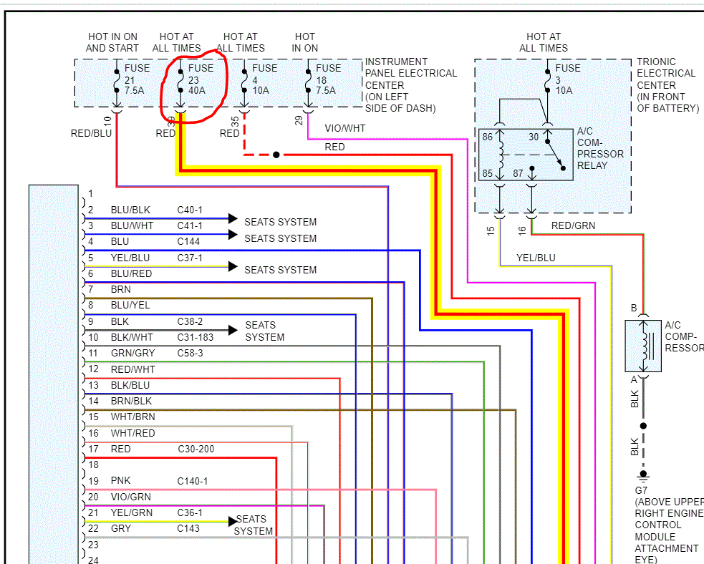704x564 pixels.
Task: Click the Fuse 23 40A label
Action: pos(201,79)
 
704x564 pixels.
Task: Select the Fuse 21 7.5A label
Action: pos(138,79)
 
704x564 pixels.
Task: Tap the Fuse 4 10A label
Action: pos(264,79)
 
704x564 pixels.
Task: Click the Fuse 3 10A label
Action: pos(568,79)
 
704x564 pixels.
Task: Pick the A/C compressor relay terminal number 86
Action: pos(487,137)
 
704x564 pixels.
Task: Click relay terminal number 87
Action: pos(517,173)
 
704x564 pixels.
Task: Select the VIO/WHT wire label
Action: pos(344,128)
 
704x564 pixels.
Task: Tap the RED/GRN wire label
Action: pos(573,225)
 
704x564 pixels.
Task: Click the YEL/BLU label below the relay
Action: pos(536,258)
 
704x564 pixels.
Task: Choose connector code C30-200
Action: pos(196,449)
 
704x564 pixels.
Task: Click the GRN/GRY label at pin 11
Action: pos(132,353)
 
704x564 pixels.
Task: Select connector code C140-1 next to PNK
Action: pos(193,481)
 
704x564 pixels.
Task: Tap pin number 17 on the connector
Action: pos(93,449)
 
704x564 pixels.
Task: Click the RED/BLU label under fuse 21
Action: pos(91,133)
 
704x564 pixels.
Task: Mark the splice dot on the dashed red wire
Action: pos(276,155)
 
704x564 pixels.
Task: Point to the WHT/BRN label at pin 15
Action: pos(132,417)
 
